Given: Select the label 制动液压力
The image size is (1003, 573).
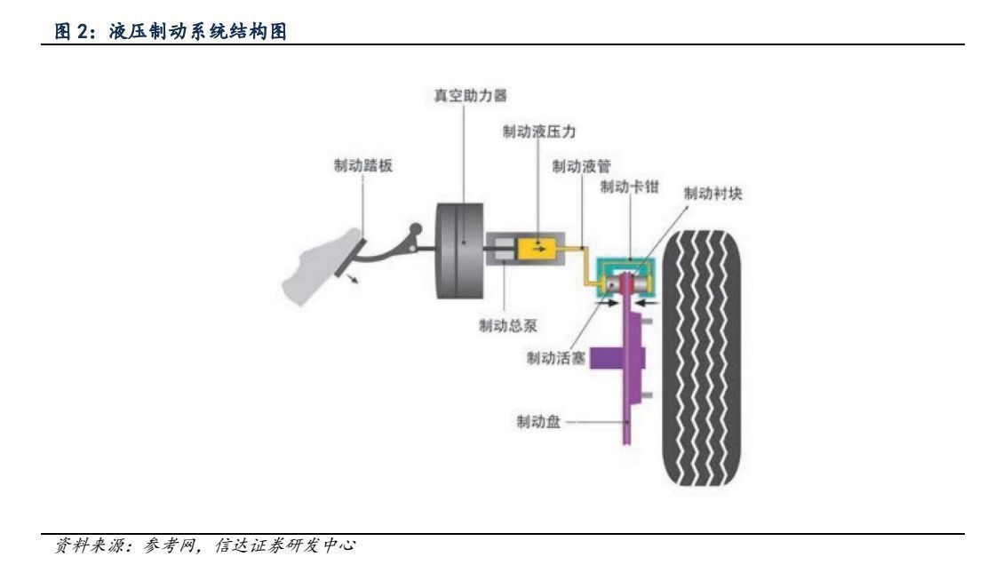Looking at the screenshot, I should click(x=539, y=131).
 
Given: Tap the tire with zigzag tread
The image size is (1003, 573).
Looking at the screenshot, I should click(x=701, y=357).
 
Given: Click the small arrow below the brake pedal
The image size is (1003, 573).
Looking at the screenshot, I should click(x=355, y=280).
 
